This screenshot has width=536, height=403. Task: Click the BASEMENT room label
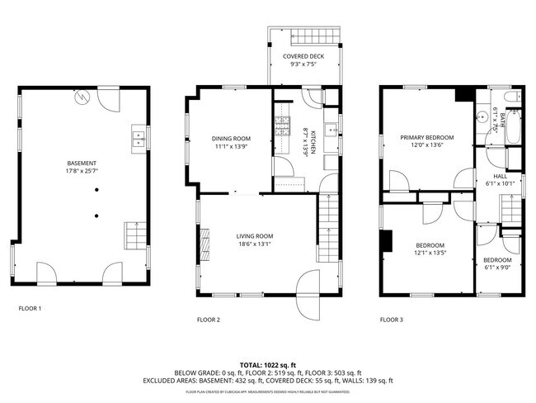click(x=82, y=164)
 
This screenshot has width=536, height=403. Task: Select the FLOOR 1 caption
click(x=30, y=309)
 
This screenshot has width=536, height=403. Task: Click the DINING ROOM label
click(x=231, y=139)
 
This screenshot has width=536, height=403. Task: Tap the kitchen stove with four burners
click(x=283, y=126)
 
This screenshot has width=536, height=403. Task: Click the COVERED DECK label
click(x=303, y=56)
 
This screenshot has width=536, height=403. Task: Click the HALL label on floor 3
click(x=500, y=176)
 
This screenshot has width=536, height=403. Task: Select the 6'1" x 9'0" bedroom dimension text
click(x=496, y=268)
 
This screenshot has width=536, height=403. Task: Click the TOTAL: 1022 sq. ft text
click(x=267, y=364)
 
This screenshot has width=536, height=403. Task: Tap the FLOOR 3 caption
click(x=391, y=319)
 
